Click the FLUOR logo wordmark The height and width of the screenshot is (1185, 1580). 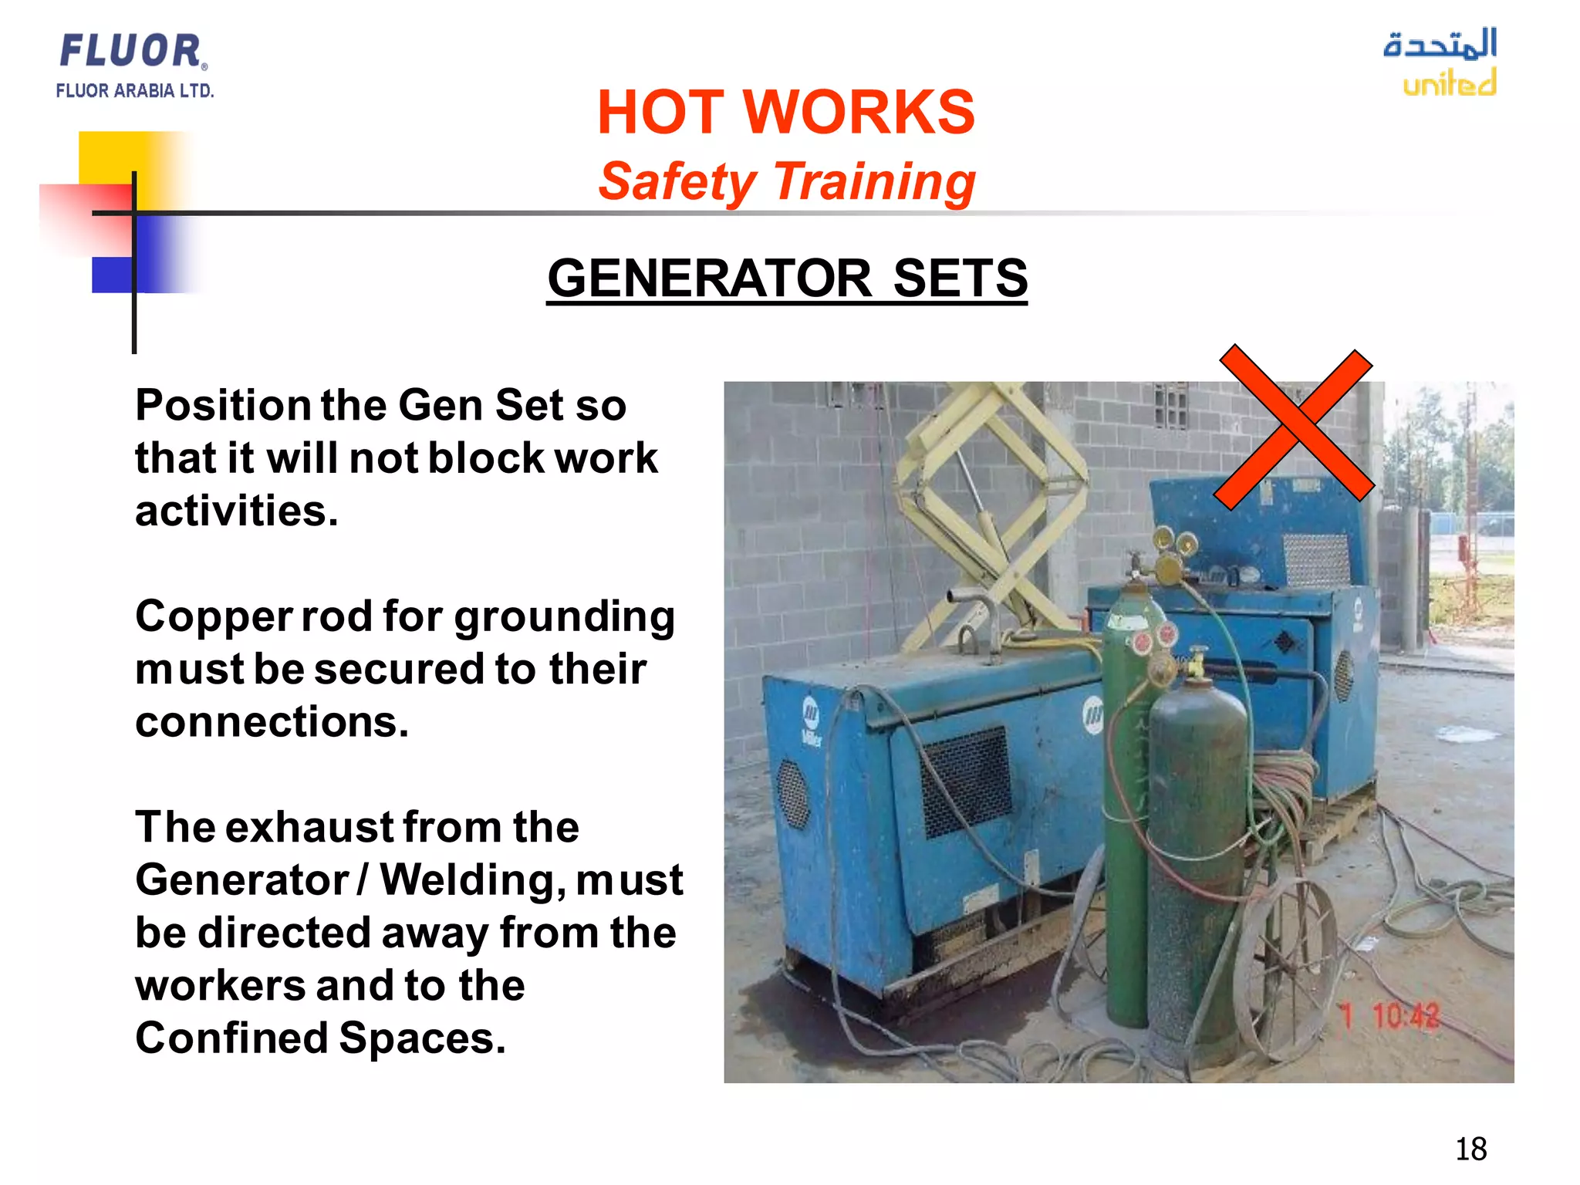coord(131,51)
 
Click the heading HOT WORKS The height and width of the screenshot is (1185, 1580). coord(785,113)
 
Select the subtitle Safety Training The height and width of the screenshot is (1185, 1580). coord(786,182)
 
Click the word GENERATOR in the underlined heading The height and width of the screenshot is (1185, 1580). coord(709,279)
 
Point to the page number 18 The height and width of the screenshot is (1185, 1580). coord(1470,1149)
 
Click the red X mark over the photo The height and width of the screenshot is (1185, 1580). coord(1294,426)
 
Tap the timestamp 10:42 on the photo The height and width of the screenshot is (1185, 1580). coord(1405,1016)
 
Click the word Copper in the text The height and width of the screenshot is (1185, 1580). coord(214,617)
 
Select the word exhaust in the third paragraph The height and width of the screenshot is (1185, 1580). coord(309,828)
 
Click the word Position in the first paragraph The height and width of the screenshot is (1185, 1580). coord(223,406)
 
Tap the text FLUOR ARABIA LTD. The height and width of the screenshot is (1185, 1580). coord(134,91)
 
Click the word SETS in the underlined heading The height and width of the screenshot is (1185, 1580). coord(960,279)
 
